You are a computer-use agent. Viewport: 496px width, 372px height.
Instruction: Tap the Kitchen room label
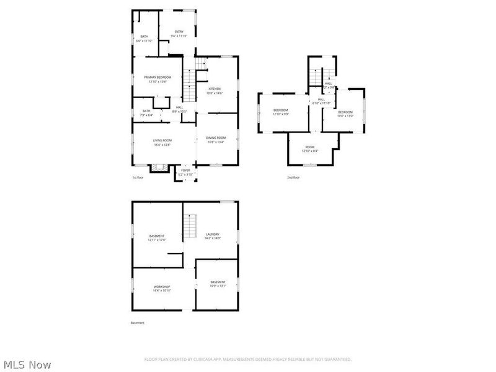[x=215, y=91]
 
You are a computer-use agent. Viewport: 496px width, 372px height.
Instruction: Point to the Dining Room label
[x=216, y=139]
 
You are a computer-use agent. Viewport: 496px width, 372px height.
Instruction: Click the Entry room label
[x=179, y=33]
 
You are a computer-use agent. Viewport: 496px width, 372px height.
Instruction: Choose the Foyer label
[x=185, y=172]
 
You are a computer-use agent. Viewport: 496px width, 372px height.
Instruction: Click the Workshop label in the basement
[x=162, y=288]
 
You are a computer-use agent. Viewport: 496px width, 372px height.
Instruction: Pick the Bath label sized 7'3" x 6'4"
[x=146, y=113]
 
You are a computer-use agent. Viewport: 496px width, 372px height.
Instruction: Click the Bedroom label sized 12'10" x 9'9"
[x=281, y=112]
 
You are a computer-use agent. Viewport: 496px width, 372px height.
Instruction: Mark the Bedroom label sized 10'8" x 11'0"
[x=345, y=113]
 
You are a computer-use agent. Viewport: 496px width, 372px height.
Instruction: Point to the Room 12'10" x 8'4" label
[x=309, y=149]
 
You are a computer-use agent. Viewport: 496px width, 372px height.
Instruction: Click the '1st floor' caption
[x=137, y=178]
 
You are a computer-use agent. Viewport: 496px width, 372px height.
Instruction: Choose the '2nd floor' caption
[x=293, y=178]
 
